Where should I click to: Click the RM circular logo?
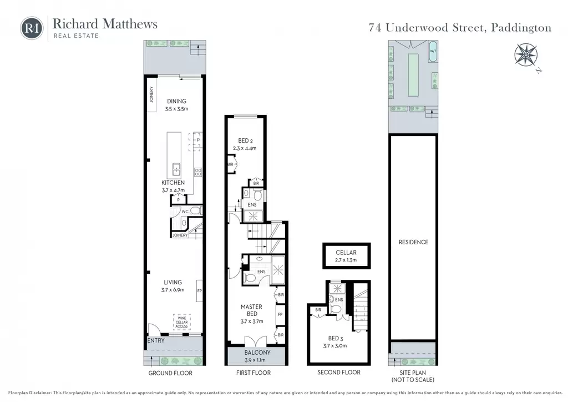coord(32,28)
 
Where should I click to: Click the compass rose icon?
coord(526,55)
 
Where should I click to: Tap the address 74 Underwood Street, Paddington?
coord(460,28)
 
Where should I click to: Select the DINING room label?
coord(177,101)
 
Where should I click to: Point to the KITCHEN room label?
coord(173,183)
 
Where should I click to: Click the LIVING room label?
coord(173,282)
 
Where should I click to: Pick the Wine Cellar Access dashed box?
coord(181,322)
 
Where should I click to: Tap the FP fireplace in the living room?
coord(199,291)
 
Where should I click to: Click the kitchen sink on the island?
coord(176,169)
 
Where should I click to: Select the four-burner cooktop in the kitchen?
coord(198,172)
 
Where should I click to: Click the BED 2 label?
coord(245,140)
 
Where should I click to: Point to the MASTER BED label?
coord(251,310)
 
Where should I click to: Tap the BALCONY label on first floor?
coord(257,353)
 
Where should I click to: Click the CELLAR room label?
coord(346,252)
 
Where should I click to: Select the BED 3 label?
coord(336,338)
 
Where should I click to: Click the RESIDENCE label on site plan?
coord(413,242)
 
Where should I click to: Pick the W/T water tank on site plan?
coord(433,52)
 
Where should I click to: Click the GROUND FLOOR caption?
coord(170,373)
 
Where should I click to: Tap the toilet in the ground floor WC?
coord(195,210)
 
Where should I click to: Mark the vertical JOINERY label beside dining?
coord(151,94)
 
